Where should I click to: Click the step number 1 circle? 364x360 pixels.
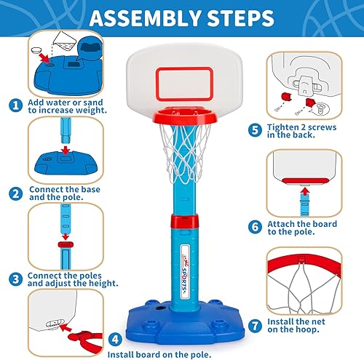[x=14, y=105]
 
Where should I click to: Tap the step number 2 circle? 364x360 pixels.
[x=14, y=193]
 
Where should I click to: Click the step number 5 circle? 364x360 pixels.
[x=254, y=129]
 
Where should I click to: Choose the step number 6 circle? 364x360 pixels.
[x=254, y=227]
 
